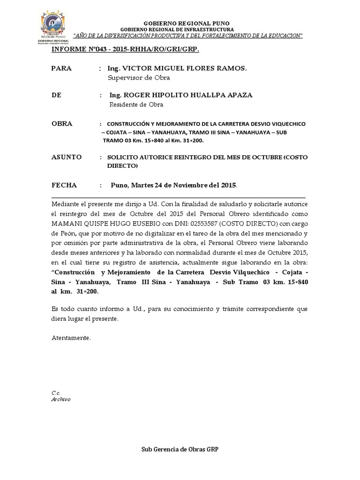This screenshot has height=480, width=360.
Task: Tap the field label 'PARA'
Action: (x=61, y=68)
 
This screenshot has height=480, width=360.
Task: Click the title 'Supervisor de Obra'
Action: (x=139, y=78)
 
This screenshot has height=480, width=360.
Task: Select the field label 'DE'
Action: (x=56, y=95)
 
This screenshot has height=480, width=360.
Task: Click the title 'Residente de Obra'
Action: (x=136, y=105)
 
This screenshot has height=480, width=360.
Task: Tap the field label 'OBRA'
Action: (x=62, y=124)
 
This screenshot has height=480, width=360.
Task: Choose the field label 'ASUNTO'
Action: (x=67, y=157)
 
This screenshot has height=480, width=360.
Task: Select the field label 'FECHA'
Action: (x=64, y=185)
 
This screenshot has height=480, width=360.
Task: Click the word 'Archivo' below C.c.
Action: (x=60, y=399)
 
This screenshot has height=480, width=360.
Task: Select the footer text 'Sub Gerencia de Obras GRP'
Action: (x=180, y=449)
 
